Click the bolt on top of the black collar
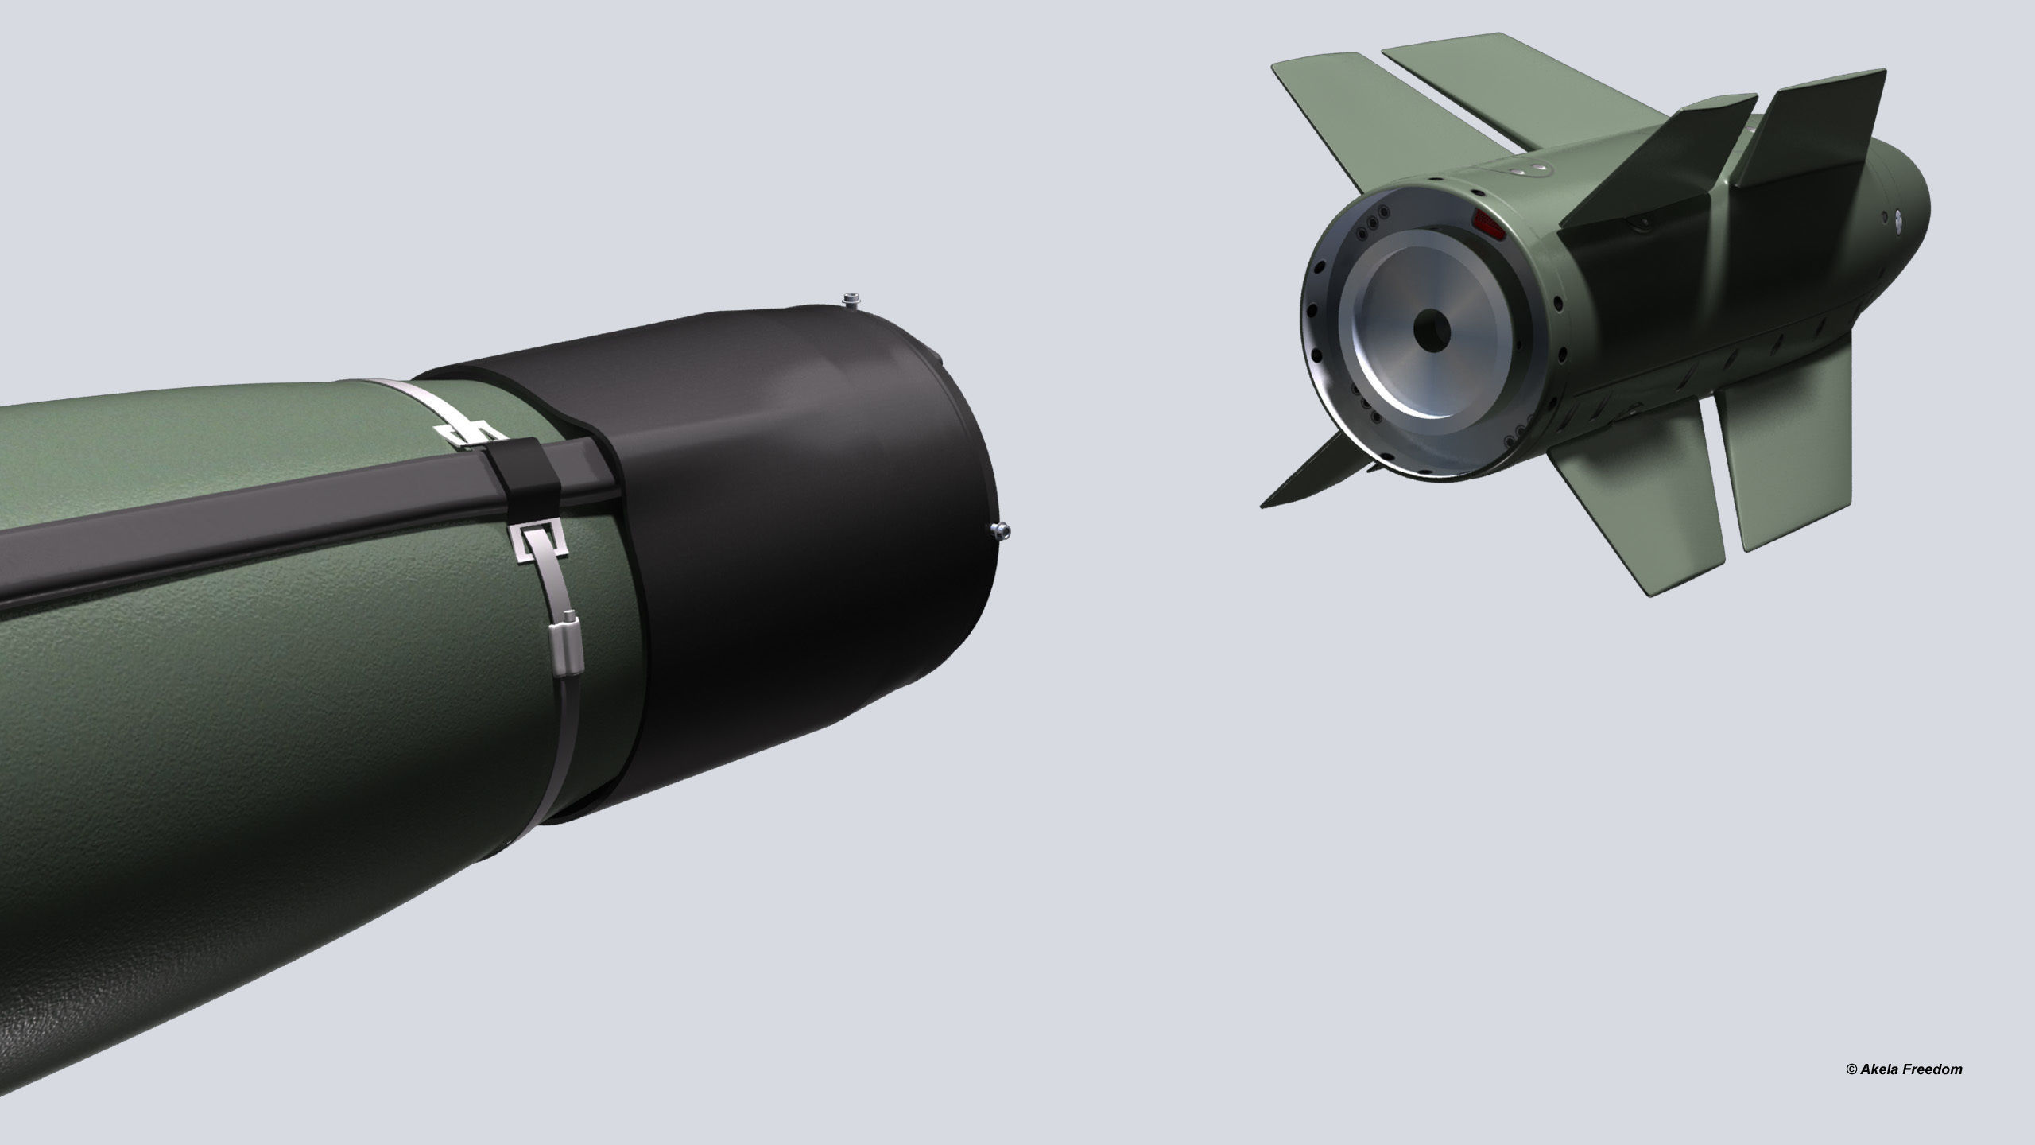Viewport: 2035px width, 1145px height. coord(851,300)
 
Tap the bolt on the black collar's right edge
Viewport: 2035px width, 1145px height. coord(1000,530)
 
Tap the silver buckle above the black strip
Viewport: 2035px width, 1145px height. coord(461,433)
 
